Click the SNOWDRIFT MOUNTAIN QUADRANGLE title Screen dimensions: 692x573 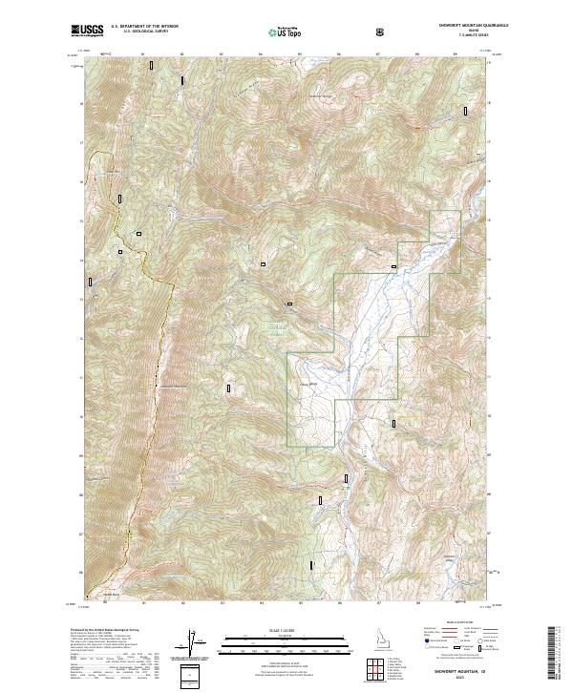tap(455, 27)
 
